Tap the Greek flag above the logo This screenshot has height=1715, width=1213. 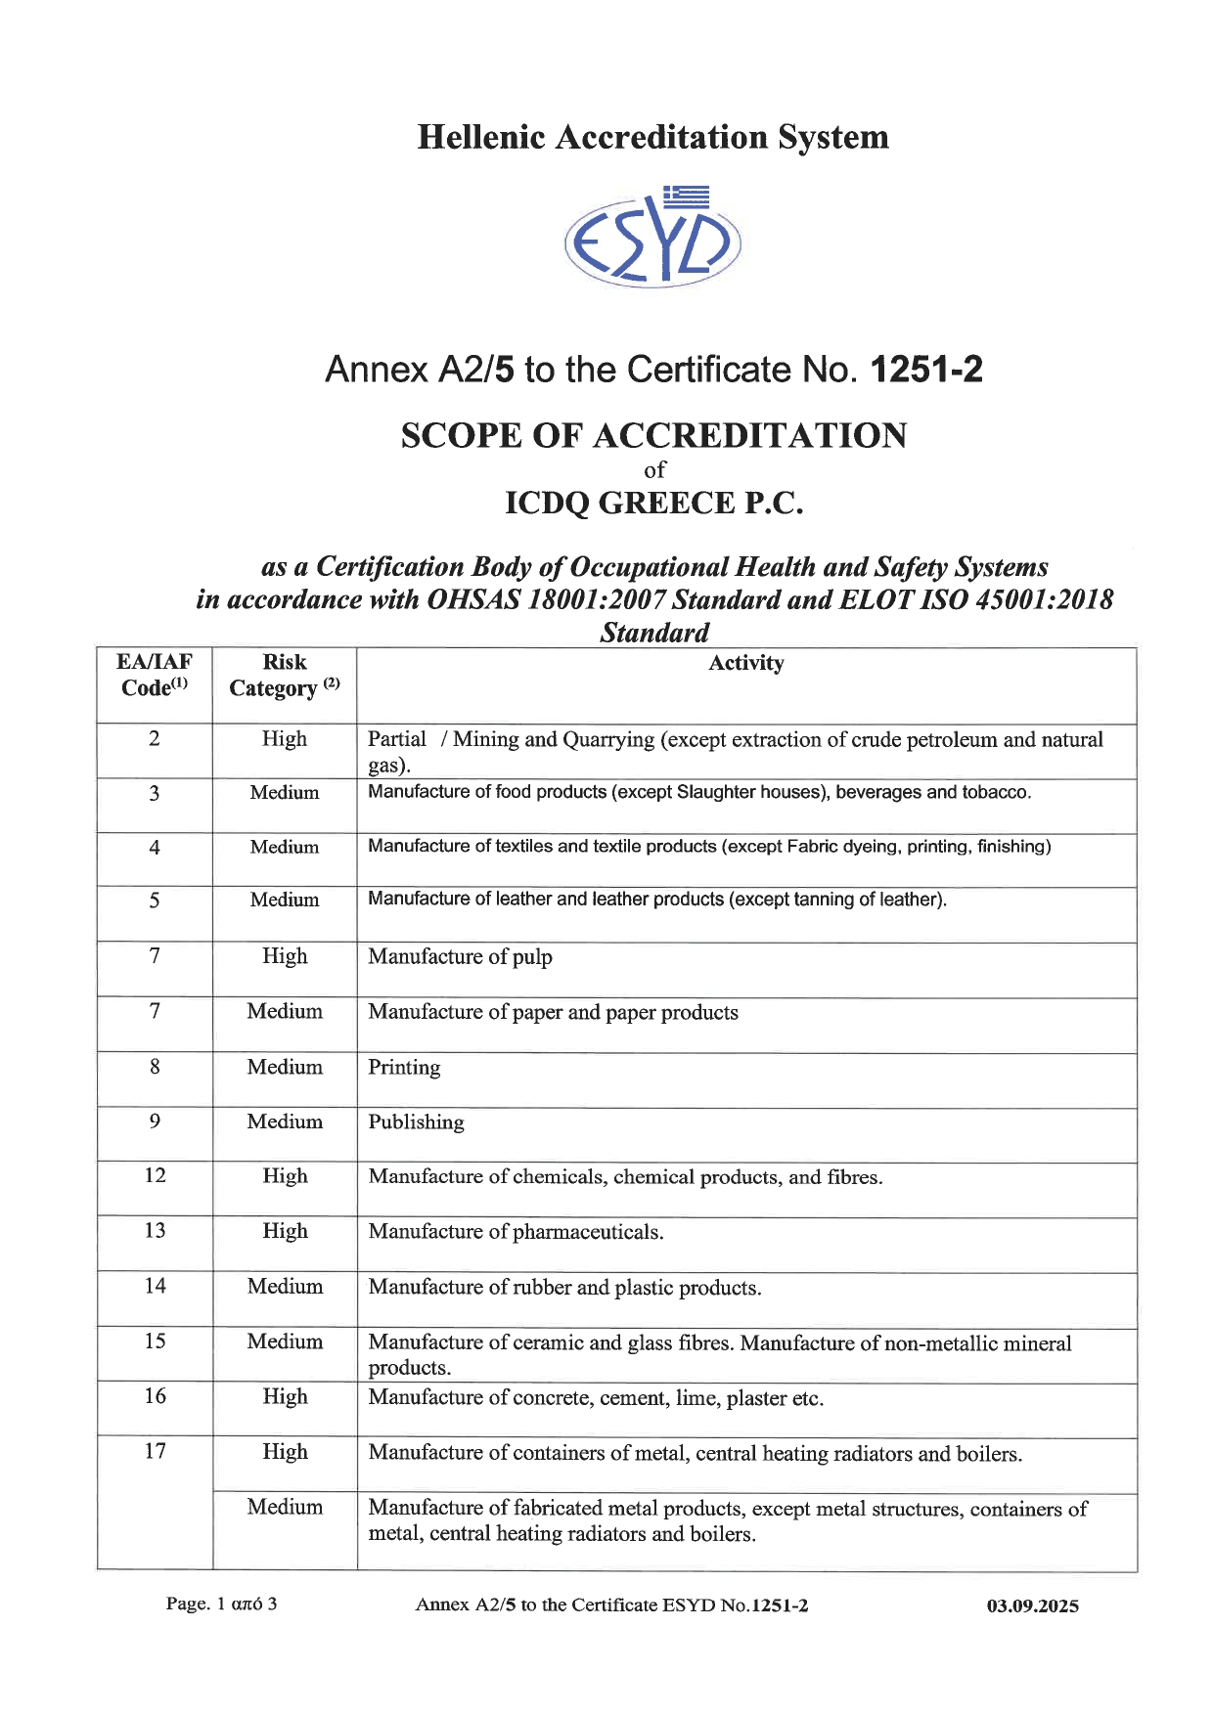click(686, 197)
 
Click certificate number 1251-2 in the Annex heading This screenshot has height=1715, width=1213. click(925, 370)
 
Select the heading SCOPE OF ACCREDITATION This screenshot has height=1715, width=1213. click(653, 436)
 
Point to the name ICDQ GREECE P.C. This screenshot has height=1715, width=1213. click(653, 504)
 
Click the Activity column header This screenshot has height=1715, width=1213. click(745, 664)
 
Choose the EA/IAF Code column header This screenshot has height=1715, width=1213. click(155, 675)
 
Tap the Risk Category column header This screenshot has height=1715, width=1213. click(285, 676)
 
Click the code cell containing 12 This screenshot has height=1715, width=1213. click(155, 1175)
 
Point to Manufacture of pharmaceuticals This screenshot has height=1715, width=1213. click(516, 1233)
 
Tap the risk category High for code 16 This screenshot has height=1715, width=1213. click(285, 1397)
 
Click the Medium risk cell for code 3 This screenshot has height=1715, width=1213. click(285, 793)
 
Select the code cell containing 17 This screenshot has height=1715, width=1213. click(155, 1452)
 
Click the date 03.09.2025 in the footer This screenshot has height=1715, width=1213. click(1032, 1605)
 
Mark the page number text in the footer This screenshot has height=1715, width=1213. click(221, 1604)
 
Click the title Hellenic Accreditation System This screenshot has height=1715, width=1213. click(652, 137)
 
